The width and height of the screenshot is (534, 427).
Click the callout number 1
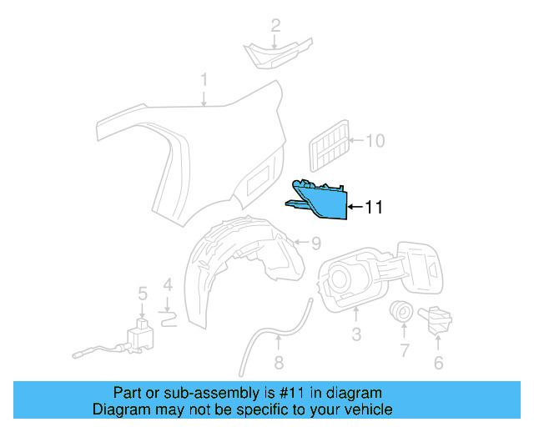point(204,81)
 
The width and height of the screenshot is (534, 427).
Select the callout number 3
point(356,334)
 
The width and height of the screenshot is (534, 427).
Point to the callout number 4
point(168,286)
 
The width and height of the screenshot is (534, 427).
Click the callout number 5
point(142,293)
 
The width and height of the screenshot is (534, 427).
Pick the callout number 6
point(438,363)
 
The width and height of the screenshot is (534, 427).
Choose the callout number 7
point(404,351)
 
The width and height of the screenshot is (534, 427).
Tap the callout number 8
point(279,363)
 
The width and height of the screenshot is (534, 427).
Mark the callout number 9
point(315,244)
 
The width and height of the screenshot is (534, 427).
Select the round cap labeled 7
point(401,313)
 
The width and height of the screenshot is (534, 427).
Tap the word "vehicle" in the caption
point(364,409)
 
